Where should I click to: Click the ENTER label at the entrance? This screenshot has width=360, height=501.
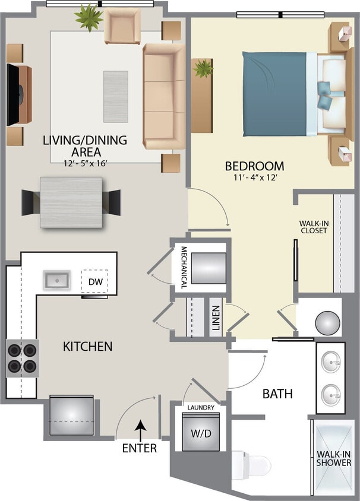(140, 448)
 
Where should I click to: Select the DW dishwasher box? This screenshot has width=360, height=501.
(94, 281)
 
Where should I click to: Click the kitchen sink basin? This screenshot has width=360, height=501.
(57, 280)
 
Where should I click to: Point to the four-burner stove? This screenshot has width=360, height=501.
(22, 358)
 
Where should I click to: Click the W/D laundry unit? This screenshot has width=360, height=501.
(197, 433)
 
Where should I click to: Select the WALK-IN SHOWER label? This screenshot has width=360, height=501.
(333, 458)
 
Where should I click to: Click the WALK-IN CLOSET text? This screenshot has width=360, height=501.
(313, 227)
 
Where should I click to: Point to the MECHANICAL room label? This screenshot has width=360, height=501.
(184, 267)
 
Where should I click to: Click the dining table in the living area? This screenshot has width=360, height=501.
(71, 202)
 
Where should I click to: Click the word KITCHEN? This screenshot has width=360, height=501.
(87, 346)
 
